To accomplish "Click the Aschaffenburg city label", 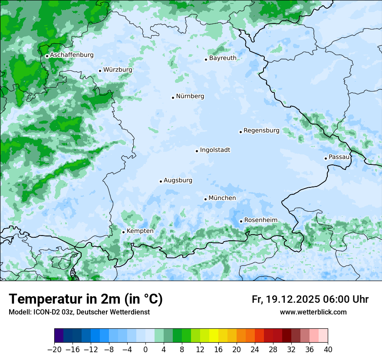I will [72, 55].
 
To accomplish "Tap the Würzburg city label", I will [118, 70].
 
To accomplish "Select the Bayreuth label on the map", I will [223, 58].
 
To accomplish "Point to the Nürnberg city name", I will [190, 96].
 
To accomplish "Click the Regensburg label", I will [261, 131].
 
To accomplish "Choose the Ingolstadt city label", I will [215, 150].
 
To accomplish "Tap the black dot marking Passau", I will [326, 158].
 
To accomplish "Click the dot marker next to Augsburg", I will [161, 181].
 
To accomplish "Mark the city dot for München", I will [205, 199].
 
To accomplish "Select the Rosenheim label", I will [260, 220].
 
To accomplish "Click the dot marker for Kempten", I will [123, 232].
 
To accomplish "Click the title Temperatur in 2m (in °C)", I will [86, 299].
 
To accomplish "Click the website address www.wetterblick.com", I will [313, 312].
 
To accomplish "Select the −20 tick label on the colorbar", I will [54, 350].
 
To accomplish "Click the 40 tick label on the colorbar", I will [328, 350].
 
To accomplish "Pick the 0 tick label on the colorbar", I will [145, 350].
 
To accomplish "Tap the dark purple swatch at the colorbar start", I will [59, 335].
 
